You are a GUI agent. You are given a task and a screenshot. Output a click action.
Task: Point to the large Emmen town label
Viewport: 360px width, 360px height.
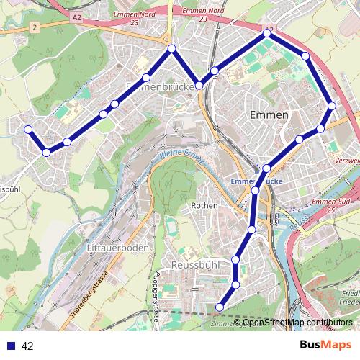point(269,115)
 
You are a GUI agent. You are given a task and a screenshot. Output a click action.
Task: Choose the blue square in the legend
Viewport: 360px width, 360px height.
point(10,346)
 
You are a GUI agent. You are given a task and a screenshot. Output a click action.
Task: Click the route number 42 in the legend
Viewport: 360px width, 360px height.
point(27,346)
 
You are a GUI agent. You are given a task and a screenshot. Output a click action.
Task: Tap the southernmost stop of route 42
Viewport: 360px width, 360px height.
point(220,307)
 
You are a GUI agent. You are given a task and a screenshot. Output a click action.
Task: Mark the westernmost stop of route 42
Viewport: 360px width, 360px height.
point(28,130)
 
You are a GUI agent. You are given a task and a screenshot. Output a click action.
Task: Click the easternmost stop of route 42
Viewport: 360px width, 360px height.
point(332,106)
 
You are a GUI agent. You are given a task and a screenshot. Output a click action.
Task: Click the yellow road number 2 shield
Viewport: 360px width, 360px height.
point(34,27)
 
